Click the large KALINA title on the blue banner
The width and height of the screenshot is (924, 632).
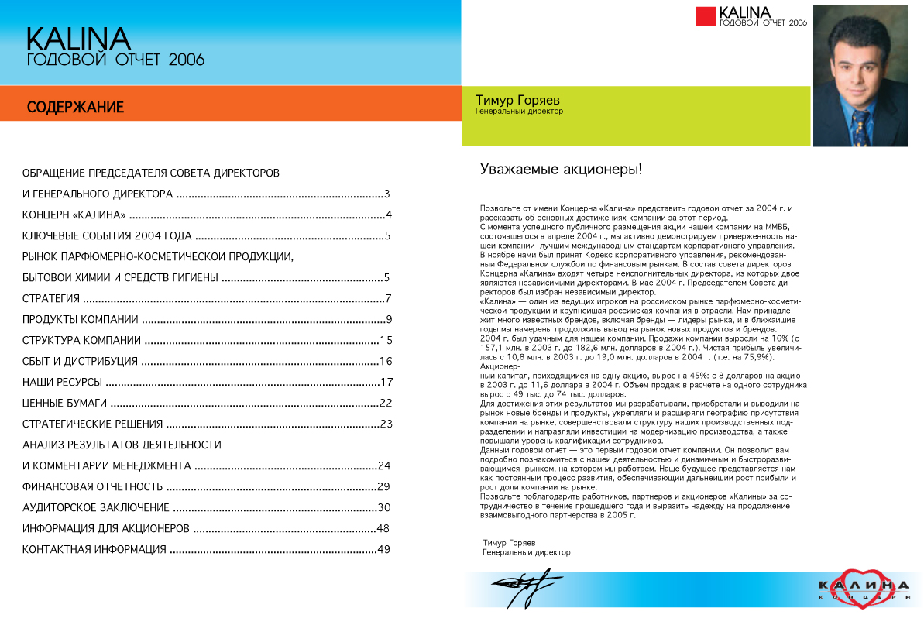click(78, 39)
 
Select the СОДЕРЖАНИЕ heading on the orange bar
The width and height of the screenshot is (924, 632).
click(75, 108)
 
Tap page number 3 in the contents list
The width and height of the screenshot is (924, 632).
click(386, 194)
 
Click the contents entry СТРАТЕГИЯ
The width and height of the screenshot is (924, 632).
click(51, 299)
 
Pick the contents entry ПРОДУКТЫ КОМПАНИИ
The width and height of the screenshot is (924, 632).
click(81, 320)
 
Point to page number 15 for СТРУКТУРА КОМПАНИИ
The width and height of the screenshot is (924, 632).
click(386, 341)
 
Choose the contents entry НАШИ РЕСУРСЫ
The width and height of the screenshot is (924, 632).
click(62, 383)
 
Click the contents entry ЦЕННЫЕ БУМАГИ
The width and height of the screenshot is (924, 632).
click(64, 404)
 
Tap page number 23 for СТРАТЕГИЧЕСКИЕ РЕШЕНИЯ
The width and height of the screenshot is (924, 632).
click(386, 424)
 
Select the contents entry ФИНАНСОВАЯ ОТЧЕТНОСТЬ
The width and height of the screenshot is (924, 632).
click(92, 487)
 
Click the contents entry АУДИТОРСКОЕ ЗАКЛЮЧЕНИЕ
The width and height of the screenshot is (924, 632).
click(95, 508)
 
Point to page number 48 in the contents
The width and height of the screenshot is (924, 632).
click(382, 529)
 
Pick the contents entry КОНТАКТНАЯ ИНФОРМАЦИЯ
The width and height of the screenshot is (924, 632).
click(94, 550)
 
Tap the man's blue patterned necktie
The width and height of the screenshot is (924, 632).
click(859, 124)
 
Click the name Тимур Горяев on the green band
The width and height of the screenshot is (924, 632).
click(517, 101)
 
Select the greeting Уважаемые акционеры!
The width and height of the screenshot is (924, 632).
click(561, 169)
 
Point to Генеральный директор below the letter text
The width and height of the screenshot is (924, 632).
click(526, 553)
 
